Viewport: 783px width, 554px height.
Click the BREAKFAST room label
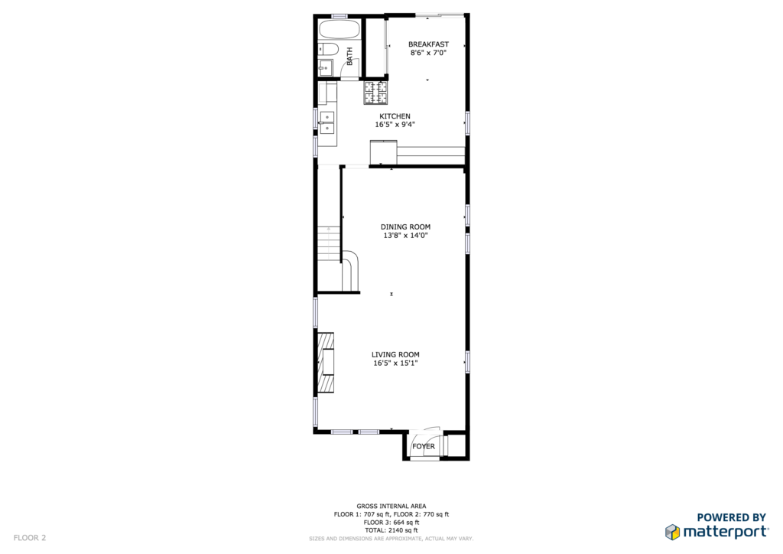pyautogui.click(x=428, y=44)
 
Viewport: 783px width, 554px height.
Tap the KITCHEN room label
pyautogui.click(x=395, y=116)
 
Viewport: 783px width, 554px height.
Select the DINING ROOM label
pyautogui.click(x=405, y=226)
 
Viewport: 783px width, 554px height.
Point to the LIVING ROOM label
pyautogui.click(x=395, y=355)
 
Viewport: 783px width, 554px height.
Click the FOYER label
pyautogui.click(x=424, y=446)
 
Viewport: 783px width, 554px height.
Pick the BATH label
pyautogui.click(x=349, y=56)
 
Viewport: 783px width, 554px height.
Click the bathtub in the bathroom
pyautogui.click(x=340, y=30)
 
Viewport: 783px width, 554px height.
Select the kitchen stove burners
pyautogui.click(x=375, y=93)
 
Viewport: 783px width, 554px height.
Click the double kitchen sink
pyautogui.click(x=327, y=123)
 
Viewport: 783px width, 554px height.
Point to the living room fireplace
pyautogui.click(x=326, y=362)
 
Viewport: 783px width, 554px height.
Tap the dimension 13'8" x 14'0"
pyautogui.click(x=405, y=235)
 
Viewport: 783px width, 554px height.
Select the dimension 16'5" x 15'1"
pyautogui.click(x=395, y=363)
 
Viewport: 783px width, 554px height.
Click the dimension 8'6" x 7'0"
pyautogui.click(x=428, y=53)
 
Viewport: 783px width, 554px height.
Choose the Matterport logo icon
pyautogui.click(x=672, y=532)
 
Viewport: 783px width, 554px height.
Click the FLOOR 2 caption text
pyautogui.click(x=30, y=538)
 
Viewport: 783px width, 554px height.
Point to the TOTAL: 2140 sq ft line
pyautogui.click(x=391, y=530)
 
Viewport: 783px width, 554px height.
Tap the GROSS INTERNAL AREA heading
pyautogui.click(x=391, y=506)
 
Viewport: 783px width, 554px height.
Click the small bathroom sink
pyautogui.click(x=325, y=67)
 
